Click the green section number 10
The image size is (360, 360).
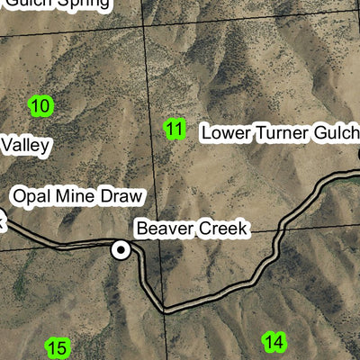[x=40, y=106]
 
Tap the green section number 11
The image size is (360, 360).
[x=175, y=130]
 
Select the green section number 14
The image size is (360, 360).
[x=274, y=341]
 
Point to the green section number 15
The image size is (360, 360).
[x=57, y=348]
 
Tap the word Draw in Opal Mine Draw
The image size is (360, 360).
[x=121, y=196]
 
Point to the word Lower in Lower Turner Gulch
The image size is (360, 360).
[x=224, y=132]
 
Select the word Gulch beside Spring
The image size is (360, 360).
[x=27, y=4]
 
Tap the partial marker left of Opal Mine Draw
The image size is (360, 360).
[x=2, y=219]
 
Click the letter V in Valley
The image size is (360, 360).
[x=6, y=144]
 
